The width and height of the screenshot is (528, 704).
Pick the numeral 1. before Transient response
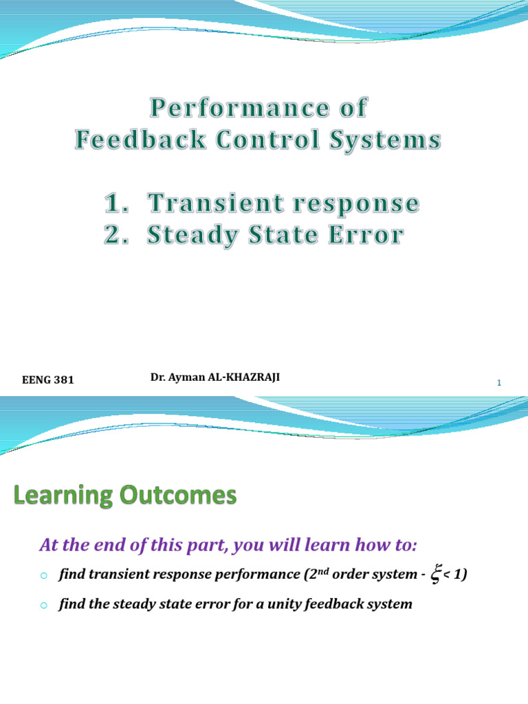click(117, 203)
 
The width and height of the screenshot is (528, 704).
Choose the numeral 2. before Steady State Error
click(118, 235)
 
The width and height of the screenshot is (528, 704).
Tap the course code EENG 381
click(48, 379)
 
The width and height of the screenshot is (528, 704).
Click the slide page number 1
click(499, 384)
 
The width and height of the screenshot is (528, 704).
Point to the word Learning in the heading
click(67, 496)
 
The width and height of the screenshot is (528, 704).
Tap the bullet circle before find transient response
click(43, 575)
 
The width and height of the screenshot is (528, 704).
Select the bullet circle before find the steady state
click(43, 606)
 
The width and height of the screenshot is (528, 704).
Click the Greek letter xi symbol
click(435, 575)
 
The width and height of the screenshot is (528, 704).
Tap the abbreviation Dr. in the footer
click(157, 377)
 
